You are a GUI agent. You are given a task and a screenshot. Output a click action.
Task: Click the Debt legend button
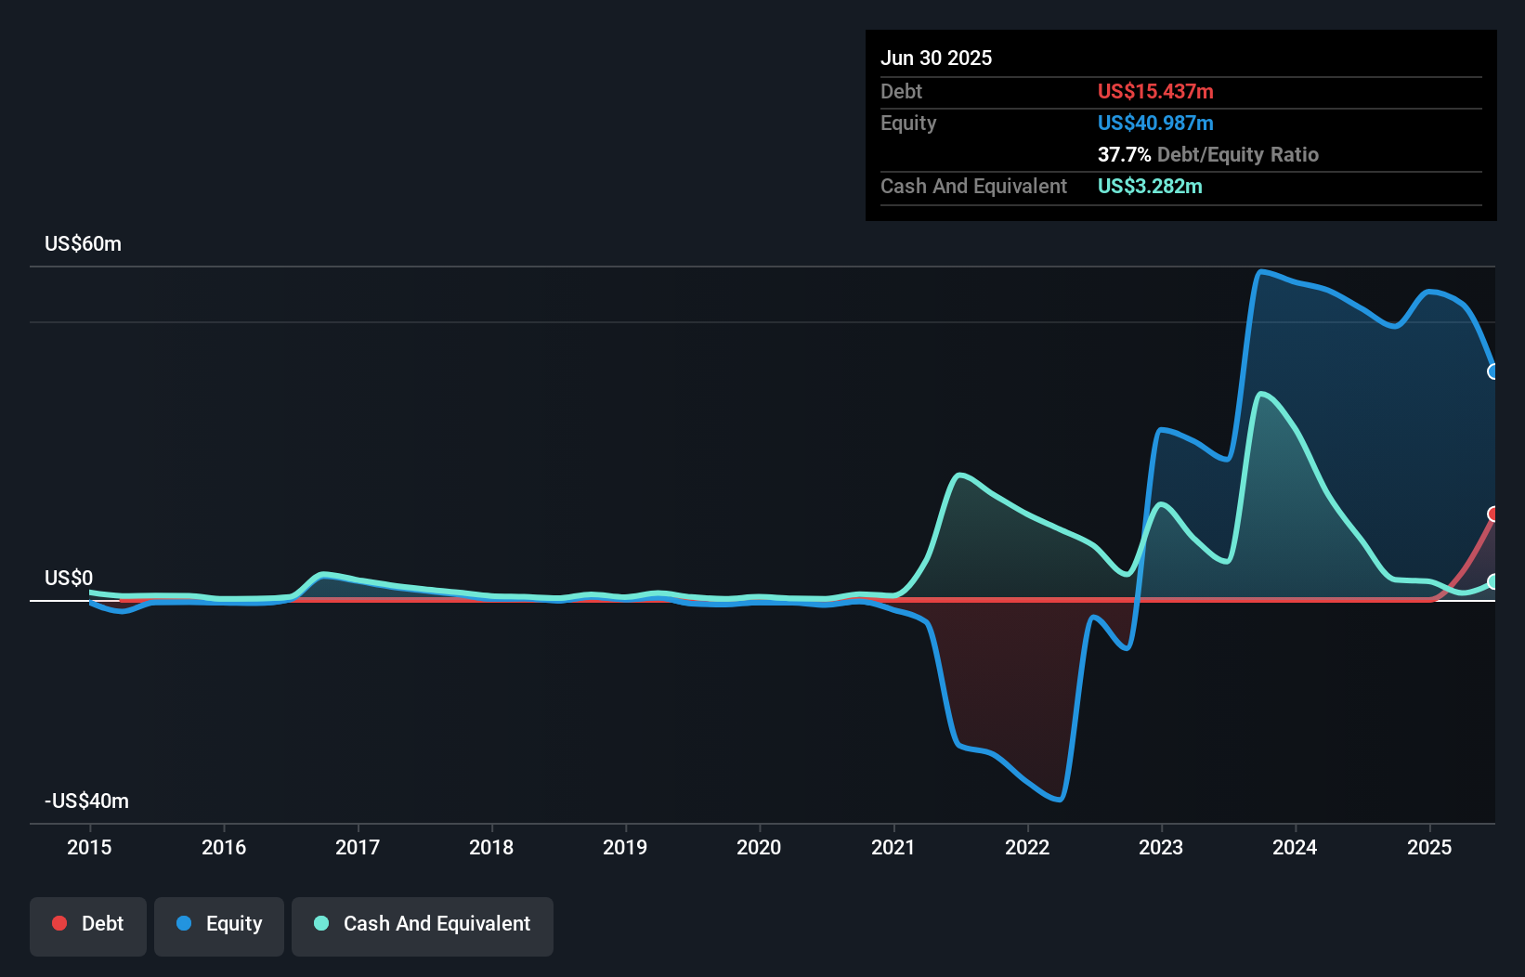88,924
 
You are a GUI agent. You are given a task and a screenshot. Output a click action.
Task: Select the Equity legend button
219,924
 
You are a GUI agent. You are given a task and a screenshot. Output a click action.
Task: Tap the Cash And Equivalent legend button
423,924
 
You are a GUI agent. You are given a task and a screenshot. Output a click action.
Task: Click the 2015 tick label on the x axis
89,847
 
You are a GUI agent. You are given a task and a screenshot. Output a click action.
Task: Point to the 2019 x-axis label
625,847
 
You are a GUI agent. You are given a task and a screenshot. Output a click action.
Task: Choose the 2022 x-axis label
1027,847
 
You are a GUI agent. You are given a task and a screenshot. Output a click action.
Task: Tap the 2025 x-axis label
1429,847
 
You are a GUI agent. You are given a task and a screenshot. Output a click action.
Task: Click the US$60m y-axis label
83,243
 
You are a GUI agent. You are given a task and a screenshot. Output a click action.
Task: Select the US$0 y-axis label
69,578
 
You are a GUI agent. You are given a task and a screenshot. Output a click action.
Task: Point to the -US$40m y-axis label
86,801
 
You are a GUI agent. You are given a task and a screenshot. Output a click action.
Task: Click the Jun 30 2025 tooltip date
936,58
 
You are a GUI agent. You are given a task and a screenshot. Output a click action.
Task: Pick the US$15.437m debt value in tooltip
1155,91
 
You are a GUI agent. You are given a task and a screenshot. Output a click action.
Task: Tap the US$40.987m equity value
1155,123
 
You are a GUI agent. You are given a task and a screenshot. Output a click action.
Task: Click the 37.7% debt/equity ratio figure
1124,154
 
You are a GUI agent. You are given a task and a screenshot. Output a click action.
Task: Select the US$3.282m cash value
1150,186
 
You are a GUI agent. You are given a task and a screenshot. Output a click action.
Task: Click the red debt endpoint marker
1493,515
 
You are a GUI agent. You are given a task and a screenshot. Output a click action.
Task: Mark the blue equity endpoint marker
1493,371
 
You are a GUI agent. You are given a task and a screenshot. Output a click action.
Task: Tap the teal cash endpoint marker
1493,581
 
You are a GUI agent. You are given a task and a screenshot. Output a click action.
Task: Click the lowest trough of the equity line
1059,799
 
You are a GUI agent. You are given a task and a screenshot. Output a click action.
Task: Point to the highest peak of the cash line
1261,394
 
